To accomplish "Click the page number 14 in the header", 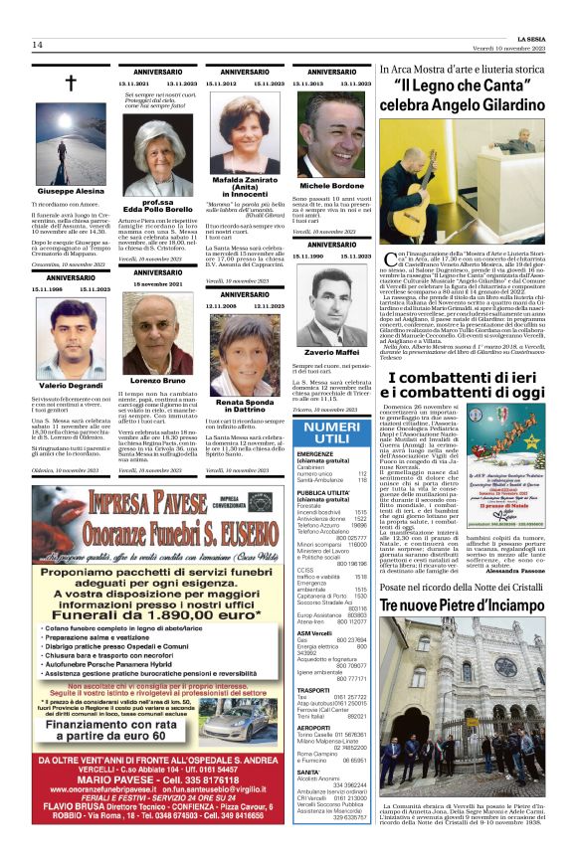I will pyautogui.click(x=37, y=45).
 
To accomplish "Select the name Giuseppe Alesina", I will pyautogui.click(x=70, y=190).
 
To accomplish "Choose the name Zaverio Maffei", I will pyautogui.click(x=333, y=353).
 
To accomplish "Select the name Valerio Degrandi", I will pyautogui.click(x=70, y=384).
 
